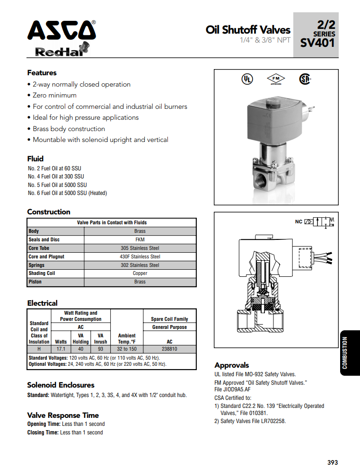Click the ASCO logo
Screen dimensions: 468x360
pos(61,31)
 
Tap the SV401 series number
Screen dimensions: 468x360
pos(317,43)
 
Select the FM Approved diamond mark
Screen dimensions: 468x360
pos(276,79)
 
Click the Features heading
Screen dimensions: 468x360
pos(42,73)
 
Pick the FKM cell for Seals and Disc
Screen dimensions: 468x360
pos(140,239)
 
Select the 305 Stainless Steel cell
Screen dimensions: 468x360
pos(140,248)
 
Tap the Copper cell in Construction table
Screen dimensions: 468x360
pos(140,273)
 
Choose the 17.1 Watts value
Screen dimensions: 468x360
pos(61,349)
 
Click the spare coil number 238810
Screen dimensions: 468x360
pos(169,349)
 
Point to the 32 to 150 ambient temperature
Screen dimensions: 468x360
pos(127,349)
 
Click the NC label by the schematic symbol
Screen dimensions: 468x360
pos(299,221)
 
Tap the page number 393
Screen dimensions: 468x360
pos(333,462)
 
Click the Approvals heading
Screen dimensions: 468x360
pos(231,365)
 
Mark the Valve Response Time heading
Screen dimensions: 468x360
pos(63,415)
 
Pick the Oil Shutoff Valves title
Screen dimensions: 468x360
pos(248,30)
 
